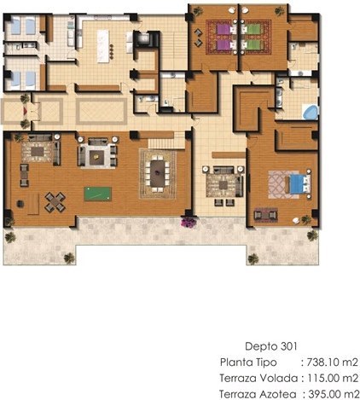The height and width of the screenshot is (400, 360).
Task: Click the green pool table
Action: pos(97,194)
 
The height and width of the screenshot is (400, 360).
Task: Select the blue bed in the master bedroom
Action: pos(299,184)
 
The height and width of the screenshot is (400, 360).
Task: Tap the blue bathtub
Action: pos(311,112)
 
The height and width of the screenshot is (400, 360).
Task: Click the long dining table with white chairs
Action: pos(158,173)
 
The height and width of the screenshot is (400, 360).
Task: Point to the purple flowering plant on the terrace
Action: pos(189,222)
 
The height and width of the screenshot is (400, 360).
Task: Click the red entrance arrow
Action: pos(25,111)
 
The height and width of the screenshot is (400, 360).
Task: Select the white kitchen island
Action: pos(103,46)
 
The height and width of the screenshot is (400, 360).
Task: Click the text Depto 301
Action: pos(271,346)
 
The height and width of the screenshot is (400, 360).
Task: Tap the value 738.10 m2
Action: pos(332,362)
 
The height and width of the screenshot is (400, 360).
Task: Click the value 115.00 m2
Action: pos(333,379)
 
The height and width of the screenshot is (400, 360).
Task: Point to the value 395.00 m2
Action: pos(334,395)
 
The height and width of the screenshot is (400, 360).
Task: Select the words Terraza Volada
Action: pos(258,379)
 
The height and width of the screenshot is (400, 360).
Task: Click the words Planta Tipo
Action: pos(248,362)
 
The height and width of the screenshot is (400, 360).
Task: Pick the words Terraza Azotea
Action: pos(258,395)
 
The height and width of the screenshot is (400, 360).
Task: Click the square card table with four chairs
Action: pos(55,202)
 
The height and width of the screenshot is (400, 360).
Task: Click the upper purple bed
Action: pos(226,29)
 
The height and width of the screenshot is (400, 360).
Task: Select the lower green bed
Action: pos(252,44)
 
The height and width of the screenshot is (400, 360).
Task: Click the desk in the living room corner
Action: pos(33,204)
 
